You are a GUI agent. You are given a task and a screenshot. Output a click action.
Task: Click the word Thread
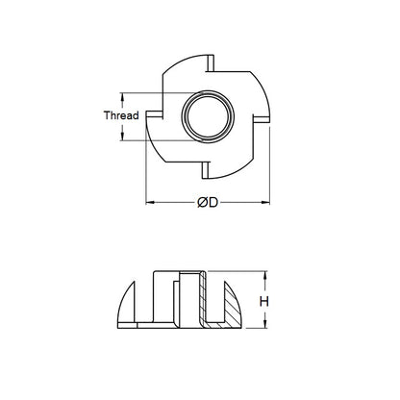[122, 115]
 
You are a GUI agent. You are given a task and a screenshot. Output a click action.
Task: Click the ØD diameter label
[205, 203]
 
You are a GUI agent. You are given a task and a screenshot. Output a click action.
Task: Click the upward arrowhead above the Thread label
[122, 96]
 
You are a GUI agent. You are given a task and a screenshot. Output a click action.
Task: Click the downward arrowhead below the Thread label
[122, 137]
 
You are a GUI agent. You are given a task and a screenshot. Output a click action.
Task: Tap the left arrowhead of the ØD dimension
[148, 203]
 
